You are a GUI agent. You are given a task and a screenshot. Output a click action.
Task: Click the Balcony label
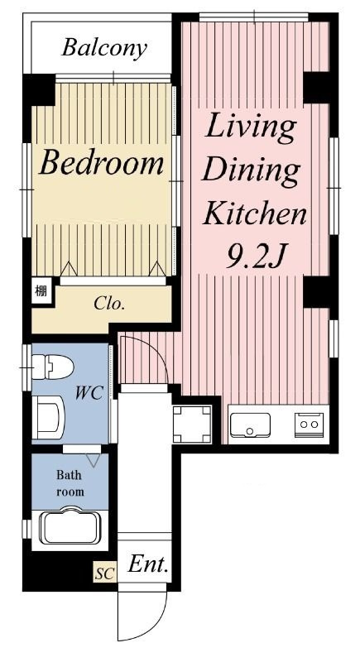coord(104,49)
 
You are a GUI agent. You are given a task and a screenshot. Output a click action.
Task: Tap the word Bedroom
coord(101,164)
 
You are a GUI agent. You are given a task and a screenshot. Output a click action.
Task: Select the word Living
coord(251,127)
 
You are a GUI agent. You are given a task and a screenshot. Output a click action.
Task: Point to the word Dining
coord(251,171)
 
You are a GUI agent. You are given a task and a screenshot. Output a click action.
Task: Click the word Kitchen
coord(255,213)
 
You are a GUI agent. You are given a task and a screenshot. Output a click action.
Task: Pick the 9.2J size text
coord(254,257)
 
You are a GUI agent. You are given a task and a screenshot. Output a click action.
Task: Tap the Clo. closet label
coord(109,304)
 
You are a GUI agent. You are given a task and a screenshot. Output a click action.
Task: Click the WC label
coord(89,394)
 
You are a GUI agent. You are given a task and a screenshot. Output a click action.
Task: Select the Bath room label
coord(70,483)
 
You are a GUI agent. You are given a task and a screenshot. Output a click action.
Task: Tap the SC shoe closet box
coord(105,573)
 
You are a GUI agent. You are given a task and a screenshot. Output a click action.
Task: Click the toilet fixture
coord(53,367)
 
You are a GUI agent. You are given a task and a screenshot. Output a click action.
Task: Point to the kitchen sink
coord(250,425)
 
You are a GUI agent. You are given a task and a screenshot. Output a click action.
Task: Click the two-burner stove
coord(310,425)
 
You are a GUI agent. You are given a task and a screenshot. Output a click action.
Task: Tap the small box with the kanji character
coord(41,290)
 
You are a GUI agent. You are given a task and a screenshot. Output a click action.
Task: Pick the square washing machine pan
coord(192,424)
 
